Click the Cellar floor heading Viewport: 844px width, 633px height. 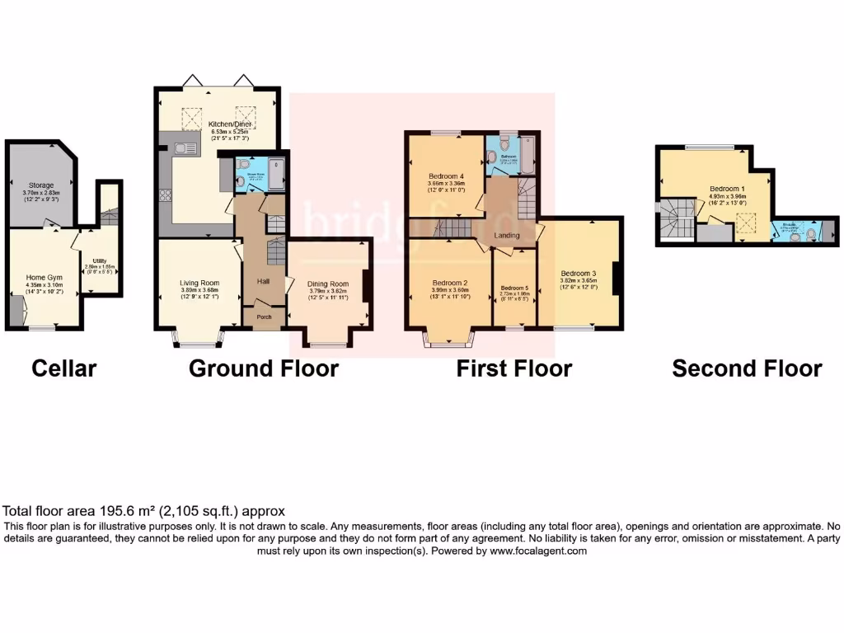click(64, 368)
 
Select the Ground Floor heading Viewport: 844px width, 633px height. click(264, 368)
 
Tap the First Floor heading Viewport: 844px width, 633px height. click(514, 368)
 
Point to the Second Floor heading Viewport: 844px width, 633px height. click(747, 368)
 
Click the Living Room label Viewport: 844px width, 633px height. click(199, 283)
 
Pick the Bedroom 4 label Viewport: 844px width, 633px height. click(446, 176)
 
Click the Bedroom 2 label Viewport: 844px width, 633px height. click(449, 283)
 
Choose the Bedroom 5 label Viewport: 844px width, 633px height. click(515, 288)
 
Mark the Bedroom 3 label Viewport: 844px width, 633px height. click(578, 273)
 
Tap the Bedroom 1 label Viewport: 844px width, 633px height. click(726, 187)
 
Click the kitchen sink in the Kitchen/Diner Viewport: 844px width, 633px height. click(183, 148)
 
